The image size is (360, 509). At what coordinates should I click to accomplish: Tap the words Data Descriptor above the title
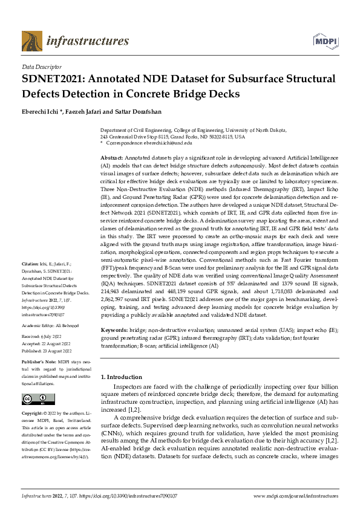42,67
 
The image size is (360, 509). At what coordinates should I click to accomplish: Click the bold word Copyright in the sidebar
33,415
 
